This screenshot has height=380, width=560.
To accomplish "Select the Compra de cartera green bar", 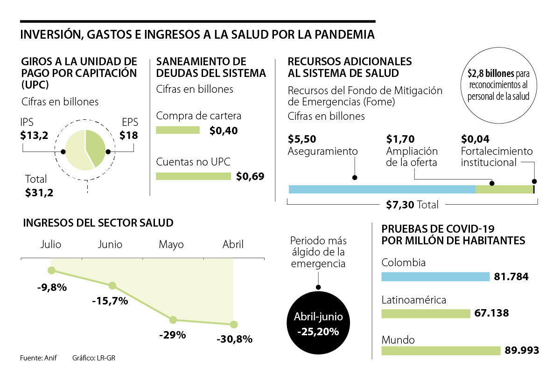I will (178, 130).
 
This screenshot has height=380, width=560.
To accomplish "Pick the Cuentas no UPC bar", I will (193, 176).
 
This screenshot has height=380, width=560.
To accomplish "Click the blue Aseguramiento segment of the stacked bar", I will (382, 189).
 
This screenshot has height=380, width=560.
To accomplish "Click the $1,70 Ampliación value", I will (400, 139).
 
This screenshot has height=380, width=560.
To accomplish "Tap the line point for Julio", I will (51, 270).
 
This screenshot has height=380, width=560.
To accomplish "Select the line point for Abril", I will (234, 325).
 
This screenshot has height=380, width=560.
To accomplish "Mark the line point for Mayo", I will (173, 320).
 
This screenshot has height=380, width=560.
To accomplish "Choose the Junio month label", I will (110, 244).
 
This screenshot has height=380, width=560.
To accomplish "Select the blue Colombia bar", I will (435, 277).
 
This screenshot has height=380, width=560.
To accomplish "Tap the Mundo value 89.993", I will (522, 350).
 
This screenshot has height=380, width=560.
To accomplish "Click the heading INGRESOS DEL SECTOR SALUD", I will (98, 223).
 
